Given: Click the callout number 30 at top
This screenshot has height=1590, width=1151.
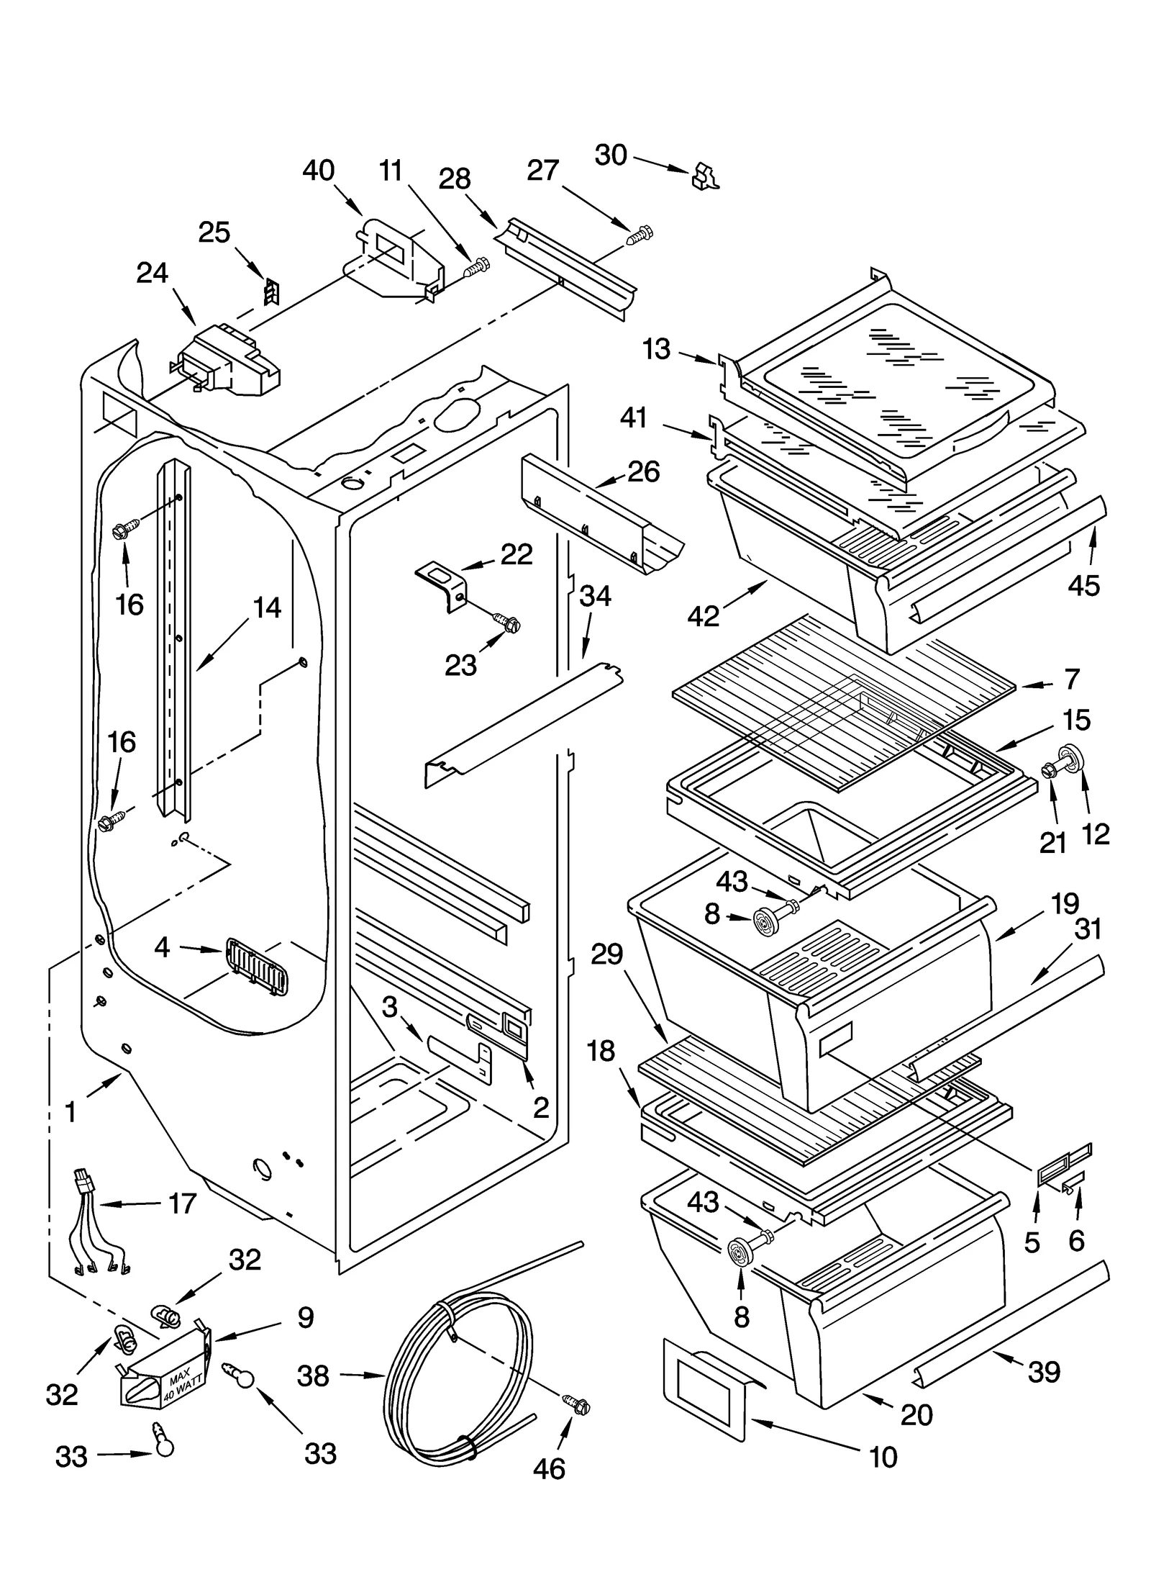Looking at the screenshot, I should coord(611,155).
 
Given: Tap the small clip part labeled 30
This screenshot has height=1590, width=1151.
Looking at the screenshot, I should coord(704,177).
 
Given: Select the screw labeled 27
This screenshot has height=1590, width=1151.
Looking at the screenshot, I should coord(640,235).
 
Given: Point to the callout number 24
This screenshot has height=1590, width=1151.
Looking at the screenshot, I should coord(152,274).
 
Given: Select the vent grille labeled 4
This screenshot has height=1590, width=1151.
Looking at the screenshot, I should coord(255,967).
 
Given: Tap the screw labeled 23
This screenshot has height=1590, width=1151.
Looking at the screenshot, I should coord(508,623).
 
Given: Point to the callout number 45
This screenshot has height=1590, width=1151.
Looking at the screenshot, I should coord(1083,585).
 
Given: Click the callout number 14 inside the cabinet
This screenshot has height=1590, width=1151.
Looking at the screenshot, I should coord(267,608).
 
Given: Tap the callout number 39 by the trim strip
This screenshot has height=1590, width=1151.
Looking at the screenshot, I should coord(1044,1373).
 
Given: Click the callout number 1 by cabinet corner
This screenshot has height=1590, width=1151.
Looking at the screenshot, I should coord(70,1112).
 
